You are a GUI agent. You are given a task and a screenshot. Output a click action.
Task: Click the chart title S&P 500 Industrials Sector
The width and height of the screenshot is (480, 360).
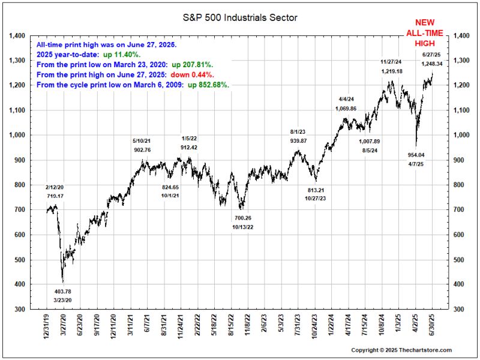click(x=240, y=17)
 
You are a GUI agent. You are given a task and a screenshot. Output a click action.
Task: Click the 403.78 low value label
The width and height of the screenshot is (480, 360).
click(x=62, y=290)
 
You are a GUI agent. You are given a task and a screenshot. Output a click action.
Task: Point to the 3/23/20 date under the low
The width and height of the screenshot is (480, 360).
click(x=62, y=299)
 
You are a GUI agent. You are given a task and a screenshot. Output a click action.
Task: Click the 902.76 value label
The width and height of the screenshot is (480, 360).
click(x=143, y=149)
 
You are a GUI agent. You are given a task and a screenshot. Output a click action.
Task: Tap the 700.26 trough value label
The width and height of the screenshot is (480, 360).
click(x=243, y=218)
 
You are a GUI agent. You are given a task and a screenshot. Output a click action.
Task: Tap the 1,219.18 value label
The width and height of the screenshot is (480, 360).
click(x=392, y=71)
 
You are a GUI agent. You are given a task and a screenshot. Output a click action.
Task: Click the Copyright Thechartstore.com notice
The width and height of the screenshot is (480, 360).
click(x=401, y=350)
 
